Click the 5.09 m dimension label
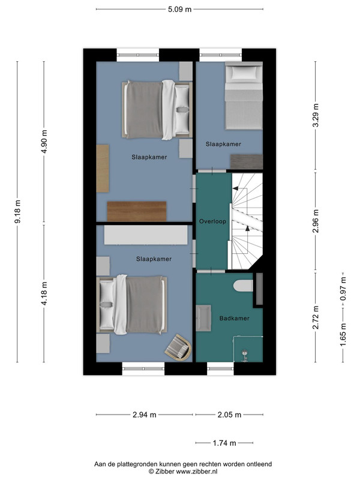(179, 9)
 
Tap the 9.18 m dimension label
(18, 212)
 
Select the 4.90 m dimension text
(44, 142)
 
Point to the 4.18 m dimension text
(44, 293)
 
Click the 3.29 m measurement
(316, 115)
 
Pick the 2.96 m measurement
(316, 221)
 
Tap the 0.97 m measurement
(343, 289)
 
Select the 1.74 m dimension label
(224, 443)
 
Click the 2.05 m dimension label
(229, 415)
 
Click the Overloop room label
(213, 221)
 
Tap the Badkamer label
(235, 319)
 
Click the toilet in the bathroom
(244, 286)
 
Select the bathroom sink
(203, 318)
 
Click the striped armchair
(178, 347)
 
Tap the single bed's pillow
(244, 73)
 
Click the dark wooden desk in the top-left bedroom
(137, 211)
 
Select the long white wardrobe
(146, 235)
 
